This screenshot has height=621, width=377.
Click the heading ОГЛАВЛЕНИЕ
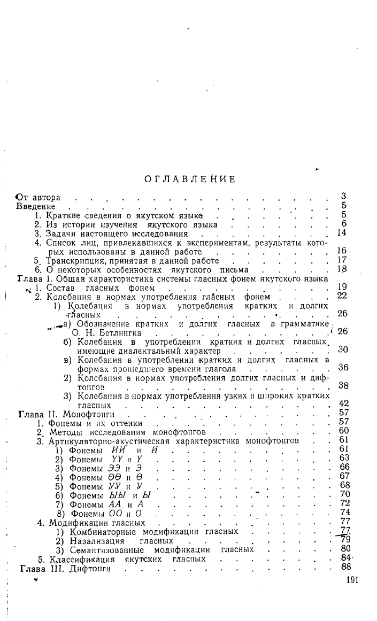[190, 179]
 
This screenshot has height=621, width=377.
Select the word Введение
[36, 206]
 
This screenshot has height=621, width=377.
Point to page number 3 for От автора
[344, 197]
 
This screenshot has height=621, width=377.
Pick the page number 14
[342, 234]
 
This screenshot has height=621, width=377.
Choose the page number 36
[343, 368]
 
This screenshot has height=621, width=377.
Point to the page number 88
[344, 567]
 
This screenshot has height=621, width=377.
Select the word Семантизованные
[106, 550]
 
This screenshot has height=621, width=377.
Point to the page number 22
[342, 296]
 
